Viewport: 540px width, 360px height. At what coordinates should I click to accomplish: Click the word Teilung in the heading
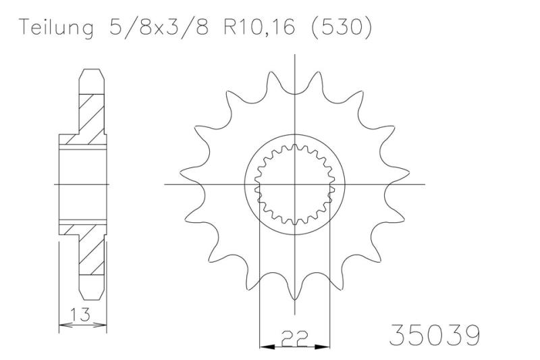(x=57, y=27)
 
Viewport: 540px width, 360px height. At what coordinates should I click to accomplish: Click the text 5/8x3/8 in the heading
(x=159, y=26)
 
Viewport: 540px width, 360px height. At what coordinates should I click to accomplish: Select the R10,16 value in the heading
(x=259, y=26)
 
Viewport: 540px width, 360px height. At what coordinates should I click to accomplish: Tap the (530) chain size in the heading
(x=342, y=26)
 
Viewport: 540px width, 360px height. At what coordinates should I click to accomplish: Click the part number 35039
(x=434, y=334)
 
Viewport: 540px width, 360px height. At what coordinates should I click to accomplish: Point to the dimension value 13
(x=80, y=314)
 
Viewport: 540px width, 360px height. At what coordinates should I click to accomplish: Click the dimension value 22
(x=294, y=338)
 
